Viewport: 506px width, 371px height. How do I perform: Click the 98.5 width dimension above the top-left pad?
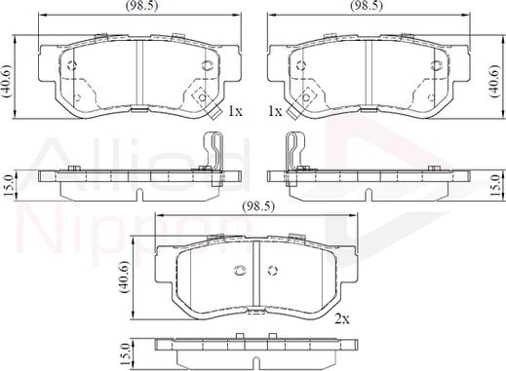coord(141,6)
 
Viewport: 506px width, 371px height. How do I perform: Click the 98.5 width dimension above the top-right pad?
coord(367,6)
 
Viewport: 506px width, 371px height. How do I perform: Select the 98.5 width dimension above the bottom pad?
coord(258,206)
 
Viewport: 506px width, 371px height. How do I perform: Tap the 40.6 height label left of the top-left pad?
coord(6,81)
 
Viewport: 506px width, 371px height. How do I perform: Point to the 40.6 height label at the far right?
coord(495,81)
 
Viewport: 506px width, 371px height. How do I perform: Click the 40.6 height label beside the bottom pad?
coord(125,277)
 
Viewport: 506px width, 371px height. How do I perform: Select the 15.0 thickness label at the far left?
coord(9,185)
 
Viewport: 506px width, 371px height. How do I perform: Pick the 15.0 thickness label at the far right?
coord(496,185)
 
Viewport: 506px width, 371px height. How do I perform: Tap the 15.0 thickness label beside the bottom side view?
coord(126,354)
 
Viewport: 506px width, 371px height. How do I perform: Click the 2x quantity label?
coord(342,319)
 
